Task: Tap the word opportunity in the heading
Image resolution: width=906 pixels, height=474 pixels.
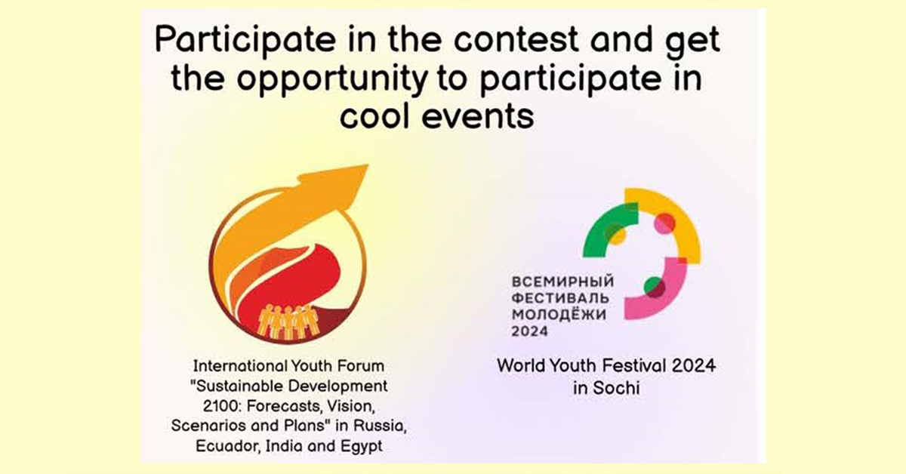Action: click(x=332, y=78)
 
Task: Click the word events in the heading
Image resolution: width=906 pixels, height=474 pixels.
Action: click(x=478, y=117)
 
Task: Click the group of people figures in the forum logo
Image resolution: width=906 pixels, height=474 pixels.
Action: click(x=288, y=322)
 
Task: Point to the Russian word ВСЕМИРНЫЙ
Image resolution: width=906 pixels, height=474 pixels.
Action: click(x=562, y=281)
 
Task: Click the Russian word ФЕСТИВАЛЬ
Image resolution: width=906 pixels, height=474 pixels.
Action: click(x=560, y=298)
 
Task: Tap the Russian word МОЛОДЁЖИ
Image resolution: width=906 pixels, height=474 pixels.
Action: click(x=559, y=314)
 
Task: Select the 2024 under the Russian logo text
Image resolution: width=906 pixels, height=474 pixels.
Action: click(x=530, y=331)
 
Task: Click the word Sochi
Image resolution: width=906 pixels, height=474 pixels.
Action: click(x=616, y=388)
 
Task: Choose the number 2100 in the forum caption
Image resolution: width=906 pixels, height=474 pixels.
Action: click(x=222, y=405)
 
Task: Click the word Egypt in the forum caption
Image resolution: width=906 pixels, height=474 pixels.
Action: click(x=361, y=447)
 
